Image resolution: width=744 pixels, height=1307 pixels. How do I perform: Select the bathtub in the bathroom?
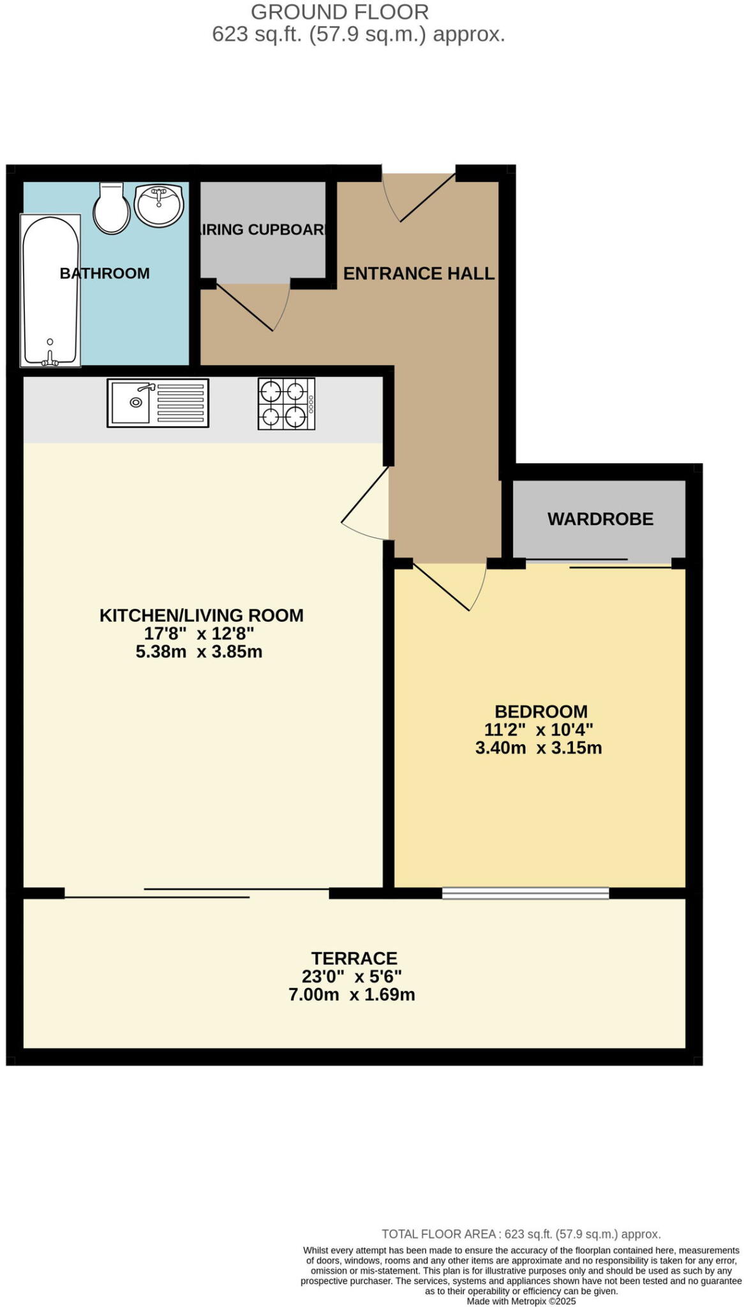[x=50, y=290]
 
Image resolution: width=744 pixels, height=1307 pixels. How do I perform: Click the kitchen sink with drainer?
[x=158, y=402]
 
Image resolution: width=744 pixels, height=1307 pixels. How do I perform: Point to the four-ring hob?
[x=286, y=403]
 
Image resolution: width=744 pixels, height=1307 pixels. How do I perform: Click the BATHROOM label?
[x=105, y=273]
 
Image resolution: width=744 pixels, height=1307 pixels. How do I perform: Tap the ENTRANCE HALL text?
[x=419, y=273]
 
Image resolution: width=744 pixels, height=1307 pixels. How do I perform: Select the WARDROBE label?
[x=600, y=519]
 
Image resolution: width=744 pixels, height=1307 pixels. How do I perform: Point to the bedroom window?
[x=525, y=893]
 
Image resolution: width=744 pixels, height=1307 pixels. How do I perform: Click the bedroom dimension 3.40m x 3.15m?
[x=539, y=748]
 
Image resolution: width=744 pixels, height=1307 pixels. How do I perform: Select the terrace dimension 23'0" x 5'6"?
[x=352, y=976]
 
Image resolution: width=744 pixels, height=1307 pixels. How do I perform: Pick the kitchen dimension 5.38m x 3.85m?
[x=199, y=652]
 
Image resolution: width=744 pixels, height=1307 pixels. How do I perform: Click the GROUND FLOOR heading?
[x=339, y=11]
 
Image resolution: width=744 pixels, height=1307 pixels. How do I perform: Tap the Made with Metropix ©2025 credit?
[x=521, y=1301]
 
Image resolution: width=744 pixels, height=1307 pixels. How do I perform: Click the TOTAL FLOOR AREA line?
[x=521, y=1234]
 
